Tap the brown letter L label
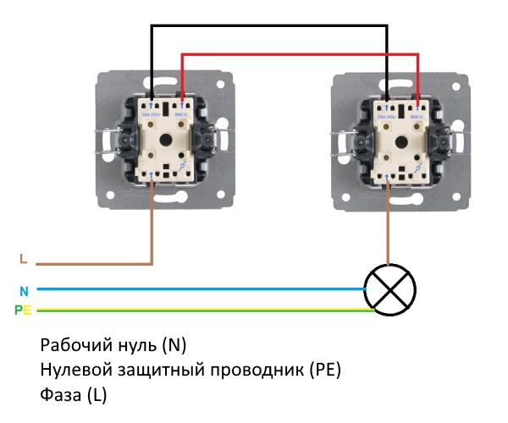pyautogui.click(x=23, y=259)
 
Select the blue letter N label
pyautogui.click(x=24, y=290)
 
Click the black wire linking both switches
pyautogui.click(x=271, y=26)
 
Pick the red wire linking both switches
pyautogui.click(x=296, y=55)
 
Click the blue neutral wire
pyautogui.click(x=195, y=288)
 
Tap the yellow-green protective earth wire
pyautogui.click(x=195, y=310)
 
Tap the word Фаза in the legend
pyautogui.click(x=58, y=394)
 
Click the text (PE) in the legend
pyautogui.click(x=325, y=371)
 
